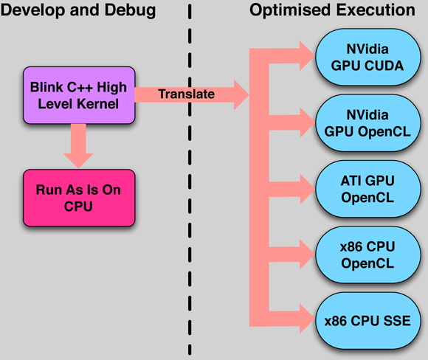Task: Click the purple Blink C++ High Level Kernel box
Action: pyautogui.click(x=79, y=95)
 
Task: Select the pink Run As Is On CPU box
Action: pyautogui.click(x=79, y=198)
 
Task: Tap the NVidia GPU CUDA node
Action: pyautogui.click(x=367, y=58)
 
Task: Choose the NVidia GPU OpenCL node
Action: pyautogui.click(x=367, y=123)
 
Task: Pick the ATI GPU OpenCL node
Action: pyautogui.click(x=367, y=189)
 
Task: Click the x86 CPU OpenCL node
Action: pyautogui.click(x=367, y=255)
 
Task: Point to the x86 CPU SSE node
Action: pyautogui.click(x=367, y=321)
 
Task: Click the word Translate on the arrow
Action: pyautogui.click(x=187, y=94)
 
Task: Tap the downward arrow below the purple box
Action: pyautogui.click(x=79, y=146)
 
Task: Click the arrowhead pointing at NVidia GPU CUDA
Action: pyautogui.click(x=307, y=56)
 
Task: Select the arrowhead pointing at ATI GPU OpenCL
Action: pyautogui.click(x=307, y=189)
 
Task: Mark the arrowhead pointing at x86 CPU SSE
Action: pyautogui.click(x=307, y=319)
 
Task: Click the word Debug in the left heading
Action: pyautogui.click(x=131, y=11)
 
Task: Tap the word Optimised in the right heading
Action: pyautogui.click(x=291, y=10)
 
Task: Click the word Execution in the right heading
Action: pyautogui.click(x=376, y=10)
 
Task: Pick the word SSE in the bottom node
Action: pyautogui.click(x=397, y=321)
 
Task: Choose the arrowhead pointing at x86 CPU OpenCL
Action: pyautogui.click(x=307, y=255)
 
